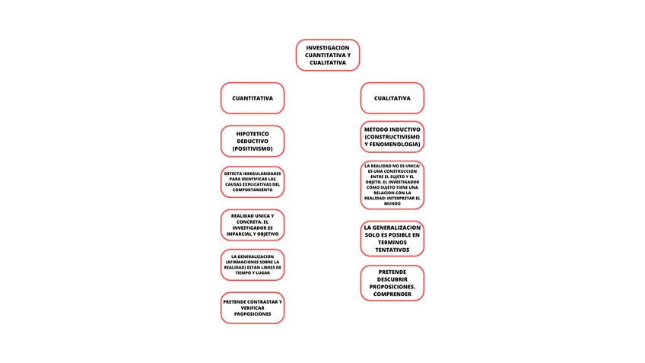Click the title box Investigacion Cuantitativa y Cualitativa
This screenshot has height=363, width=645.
(x=327, y=56)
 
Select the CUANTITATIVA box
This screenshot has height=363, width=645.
(x=253, y=98)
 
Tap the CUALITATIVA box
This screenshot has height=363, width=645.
(x=392, y=98)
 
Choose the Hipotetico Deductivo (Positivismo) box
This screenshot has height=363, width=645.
(x=253, y=141)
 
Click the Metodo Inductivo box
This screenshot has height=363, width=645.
(x=392, y=137)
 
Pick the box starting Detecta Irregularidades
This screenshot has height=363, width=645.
(x=253, y=182)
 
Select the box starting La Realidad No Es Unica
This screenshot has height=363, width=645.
(x=392, y=185)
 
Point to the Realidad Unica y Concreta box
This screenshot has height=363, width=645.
(x=253, y=224)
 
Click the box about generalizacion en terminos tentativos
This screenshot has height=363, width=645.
(x=392, y=238)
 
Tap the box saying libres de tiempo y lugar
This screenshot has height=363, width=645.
(x=253, y=265)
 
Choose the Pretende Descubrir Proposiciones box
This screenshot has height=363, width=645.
(x=392, y=282)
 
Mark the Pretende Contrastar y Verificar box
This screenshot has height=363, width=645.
(x=253, y=307)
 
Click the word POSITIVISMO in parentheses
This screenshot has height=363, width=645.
(x=253, y=148)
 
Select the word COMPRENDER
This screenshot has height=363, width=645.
(x=392, y=294)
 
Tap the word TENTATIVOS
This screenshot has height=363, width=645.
(x=392, y=250)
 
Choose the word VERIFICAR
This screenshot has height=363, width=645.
(x=253, y=307)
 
